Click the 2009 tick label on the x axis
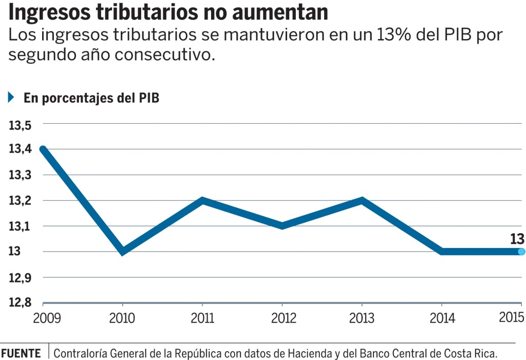(47, 318)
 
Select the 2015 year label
(512, 317)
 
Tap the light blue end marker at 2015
(521, 252)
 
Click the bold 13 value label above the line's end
(517, 238)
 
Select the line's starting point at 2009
(44, 149)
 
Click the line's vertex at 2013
(362, 200)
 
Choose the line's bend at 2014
(442, 252)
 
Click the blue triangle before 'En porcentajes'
(11, 98)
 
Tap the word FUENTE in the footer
(21, 353)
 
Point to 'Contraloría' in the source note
(80, 353)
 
